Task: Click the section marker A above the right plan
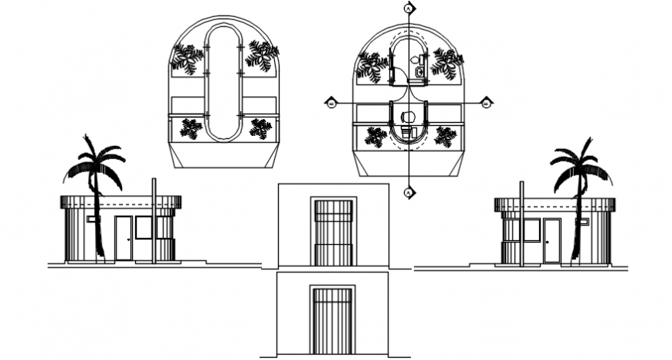(409, 8)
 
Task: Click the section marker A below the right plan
(409, 192)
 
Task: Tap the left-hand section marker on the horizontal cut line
(331, 103)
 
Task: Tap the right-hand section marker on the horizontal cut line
(487, 103)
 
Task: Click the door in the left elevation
(124, 238)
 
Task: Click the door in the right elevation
(551, 240)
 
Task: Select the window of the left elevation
(143, 227)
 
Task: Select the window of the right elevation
(531, 229)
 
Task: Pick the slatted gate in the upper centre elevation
(334, 233)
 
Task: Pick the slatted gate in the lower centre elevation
(333, 321)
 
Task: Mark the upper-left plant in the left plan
(186, 59)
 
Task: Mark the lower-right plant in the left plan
(260, 128)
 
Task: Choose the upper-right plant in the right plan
(446, 63)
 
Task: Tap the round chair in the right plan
(409, 117)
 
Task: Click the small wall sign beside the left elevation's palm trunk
(91, 219)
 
